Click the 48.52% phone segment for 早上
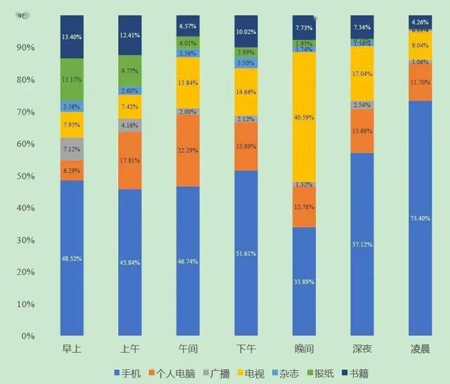pos(72,258)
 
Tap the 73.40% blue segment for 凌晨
pos(420,218)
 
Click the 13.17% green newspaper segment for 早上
pos(72,79)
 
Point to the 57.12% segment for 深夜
pos(362,244)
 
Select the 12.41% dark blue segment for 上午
pos(130,35)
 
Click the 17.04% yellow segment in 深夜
pos(362,73)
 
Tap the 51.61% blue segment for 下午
pos(246,253)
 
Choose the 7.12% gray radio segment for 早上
pos(72,149)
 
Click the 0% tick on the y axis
pos(29,336)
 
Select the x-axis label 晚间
pos(304,350)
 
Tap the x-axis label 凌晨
pos(420,350)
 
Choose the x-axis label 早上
pos(72,350)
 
